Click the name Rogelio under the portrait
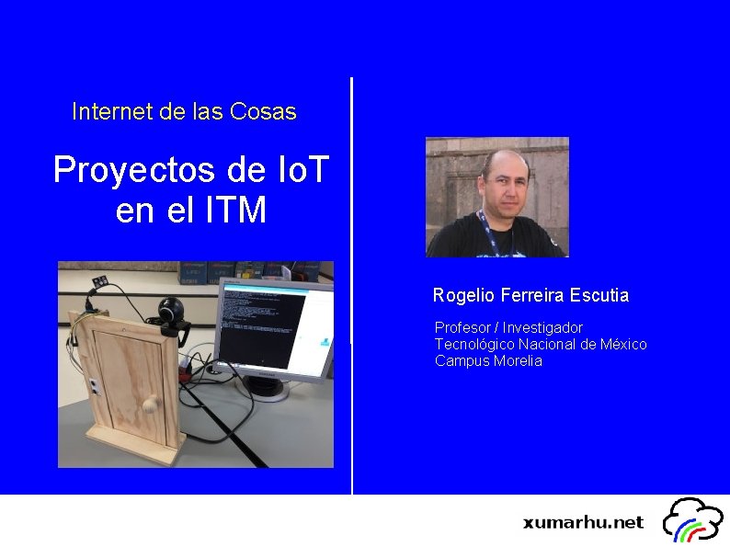462,295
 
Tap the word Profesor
462,327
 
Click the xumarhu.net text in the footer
583,522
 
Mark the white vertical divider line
352,285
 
